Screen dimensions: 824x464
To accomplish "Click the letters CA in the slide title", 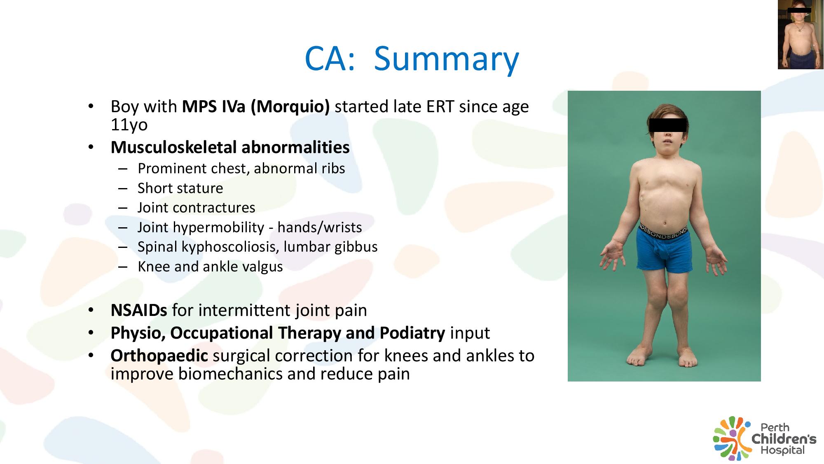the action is click(325, 59).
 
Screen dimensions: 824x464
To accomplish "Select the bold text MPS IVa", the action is click(214, 106).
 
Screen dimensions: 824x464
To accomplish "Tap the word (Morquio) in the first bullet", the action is click(290, 107).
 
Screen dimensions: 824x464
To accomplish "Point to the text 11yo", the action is click(129, 125).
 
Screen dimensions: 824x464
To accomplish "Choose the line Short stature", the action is click(180, 188).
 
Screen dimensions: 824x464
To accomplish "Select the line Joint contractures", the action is click(197, 207).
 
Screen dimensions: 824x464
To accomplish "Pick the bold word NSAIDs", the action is click(139, 310).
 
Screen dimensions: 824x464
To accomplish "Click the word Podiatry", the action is click(412, 333).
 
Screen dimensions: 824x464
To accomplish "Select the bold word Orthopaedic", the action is click(159, 356).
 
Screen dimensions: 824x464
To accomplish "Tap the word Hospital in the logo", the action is click(782, 450).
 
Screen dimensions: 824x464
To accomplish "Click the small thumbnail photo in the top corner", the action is click(801, 35).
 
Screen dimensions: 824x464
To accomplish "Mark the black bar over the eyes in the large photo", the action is click(667, 125).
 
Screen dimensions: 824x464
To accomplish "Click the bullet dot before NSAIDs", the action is click(91, 310).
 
